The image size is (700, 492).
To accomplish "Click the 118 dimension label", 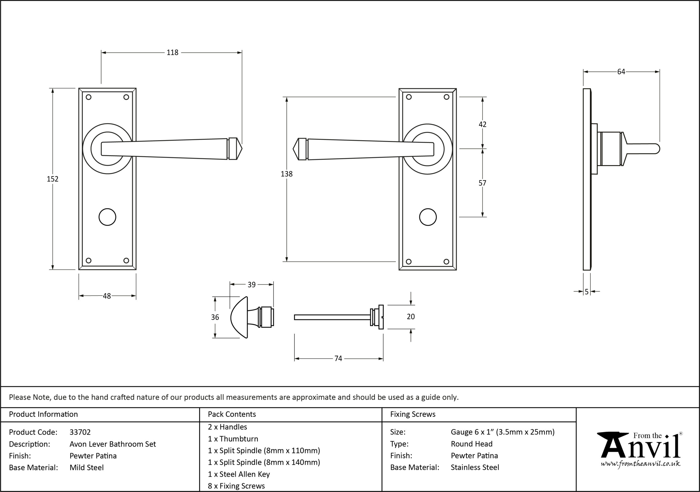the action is [x=172, y=52].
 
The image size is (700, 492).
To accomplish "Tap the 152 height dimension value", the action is [x=52, y=179].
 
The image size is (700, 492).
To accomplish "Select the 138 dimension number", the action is [x=287, y=174].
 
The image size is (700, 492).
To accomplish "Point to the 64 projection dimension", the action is [x=621, y=72].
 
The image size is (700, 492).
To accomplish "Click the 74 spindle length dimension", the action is [x=338, y=359].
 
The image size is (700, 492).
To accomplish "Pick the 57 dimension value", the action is [x=482, y=183].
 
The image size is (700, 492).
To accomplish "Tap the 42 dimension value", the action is [x=482, y=124].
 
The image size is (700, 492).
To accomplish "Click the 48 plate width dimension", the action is [x=107, y=296].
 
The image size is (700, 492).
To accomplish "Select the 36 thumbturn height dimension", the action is [x=215, y=317].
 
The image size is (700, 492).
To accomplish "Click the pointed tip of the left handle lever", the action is [x=242, y=149].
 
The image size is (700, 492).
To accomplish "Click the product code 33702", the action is [x=80, y=432].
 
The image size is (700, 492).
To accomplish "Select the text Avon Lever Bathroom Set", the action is [x=112, y=444].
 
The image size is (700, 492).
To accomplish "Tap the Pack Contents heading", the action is [x=232, y=414].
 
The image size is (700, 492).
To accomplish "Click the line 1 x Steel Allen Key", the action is [x=239, y=474].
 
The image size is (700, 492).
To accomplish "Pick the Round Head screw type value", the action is [x=472, y=444].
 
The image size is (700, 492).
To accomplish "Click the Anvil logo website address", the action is [x=640, y=464].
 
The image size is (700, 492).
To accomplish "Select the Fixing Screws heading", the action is [x=413, y=414].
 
